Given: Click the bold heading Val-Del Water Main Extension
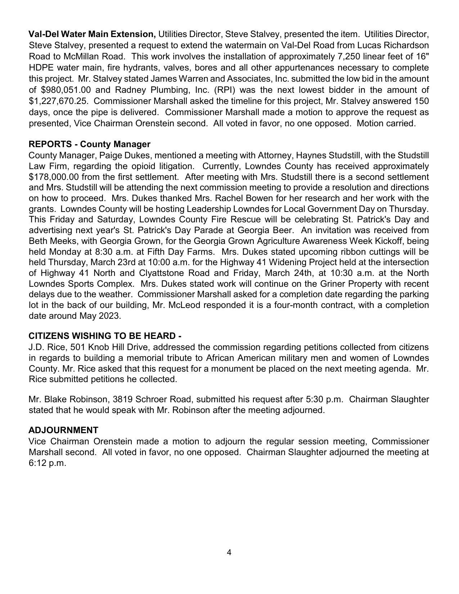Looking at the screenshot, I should [x=92, y=34].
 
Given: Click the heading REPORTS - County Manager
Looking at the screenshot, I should [x=89, y=144].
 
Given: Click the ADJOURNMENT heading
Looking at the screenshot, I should [x=63, y=430].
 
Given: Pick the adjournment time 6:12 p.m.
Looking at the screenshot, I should [x=47, y=463].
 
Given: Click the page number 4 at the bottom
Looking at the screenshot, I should [x=229, y=552].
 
